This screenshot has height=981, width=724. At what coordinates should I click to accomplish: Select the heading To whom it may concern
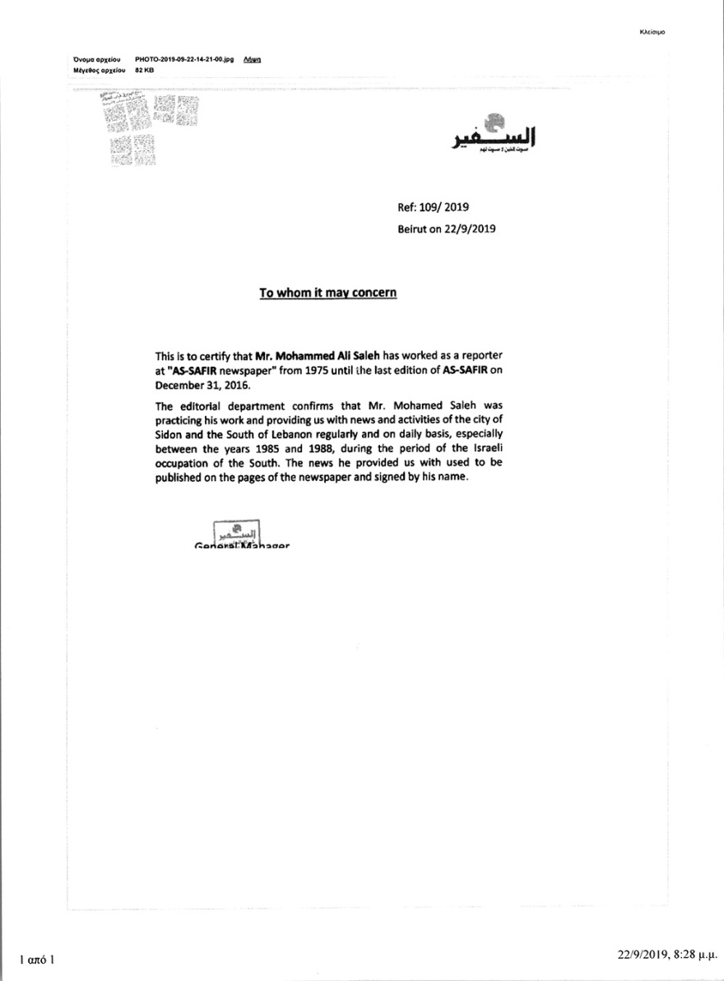click(x=328, y=293)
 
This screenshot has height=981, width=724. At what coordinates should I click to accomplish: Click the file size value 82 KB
click(x=144, y=71)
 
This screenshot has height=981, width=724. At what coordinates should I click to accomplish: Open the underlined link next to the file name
click(x=253, y=60)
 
